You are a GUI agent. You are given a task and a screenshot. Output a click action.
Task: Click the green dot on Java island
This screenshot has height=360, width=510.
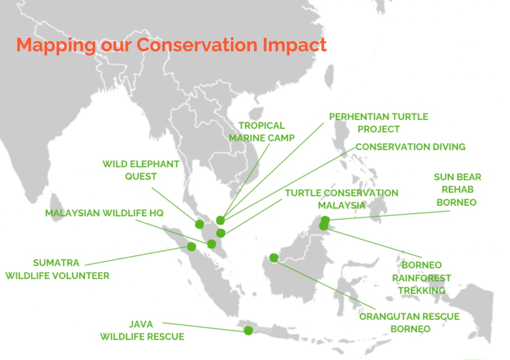(248, 330)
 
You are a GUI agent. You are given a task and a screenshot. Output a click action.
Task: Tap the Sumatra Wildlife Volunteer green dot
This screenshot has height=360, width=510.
(192, 247)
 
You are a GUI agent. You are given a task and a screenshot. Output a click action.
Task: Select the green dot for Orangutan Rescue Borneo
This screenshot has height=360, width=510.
(274, 257)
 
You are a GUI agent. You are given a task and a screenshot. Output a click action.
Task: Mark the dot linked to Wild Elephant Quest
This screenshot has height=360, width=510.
(200, 224)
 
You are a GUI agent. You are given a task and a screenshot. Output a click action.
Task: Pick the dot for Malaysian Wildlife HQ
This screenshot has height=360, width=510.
(212, 244)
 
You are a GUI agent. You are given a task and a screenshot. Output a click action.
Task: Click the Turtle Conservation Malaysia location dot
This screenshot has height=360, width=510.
(221, 233)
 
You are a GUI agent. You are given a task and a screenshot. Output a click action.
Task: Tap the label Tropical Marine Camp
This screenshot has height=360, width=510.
(262, 132)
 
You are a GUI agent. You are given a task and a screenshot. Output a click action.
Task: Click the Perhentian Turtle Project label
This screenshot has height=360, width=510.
(379, 123)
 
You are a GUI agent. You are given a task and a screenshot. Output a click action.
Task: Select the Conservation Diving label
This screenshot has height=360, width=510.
(411, 147)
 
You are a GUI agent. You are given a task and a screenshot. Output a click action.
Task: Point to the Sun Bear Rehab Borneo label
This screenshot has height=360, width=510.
(457, 189)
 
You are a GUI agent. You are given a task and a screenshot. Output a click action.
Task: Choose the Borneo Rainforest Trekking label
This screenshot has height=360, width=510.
(421, 278)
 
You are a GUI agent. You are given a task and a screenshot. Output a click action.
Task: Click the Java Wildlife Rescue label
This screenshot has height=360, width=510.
(142, 330)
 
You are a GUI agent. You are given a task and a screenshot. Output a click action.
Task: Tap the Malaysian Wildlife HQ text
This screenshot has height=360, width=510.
(104, 213)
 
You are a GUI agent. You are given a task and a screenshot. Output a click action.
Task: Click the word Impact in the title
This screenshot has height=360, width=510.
(294, 45)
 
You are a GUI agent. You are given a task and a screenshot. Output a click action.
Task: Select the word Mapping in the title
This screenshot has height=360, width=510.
(56, 45)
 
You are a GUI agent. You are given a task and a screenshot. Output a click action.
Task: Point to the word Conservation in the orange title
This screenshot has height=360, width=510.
(197, 45)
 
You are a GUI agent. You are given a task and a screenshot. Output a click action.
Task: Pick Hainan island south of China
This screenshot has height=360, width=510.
(256, 113)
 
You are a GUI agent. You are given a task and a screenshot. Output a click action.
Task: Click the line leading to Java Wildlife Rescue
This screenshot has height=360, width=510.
(203, 327)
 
